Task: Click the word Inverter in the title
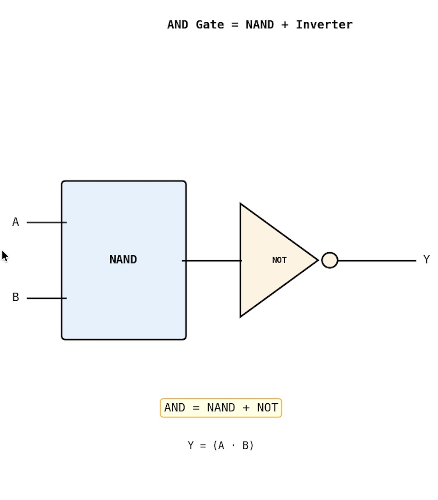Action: pos(324,25)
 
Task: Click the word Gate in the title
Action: pos(210,25)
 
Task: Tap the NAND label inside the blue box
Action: pos(123,260)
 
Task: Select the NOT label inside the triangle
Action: pos(279,260)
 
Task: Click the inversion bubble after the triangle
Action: pos(330,260)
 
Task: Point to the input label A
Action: pos(15,222)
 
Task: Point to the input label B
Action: pos(15,298)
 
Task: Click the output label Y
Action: pos(426,260)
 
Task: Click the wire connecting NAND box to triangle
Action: pos(212,261)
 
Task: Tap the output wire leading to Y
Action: pos(377,261)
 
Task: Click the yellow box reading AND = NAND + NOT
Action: pos(221,408)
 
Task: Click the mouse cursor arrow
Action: pos(4,256)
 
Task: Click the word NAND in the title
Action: pos(260,25)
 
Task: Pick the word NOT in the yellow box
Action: pos(267,408)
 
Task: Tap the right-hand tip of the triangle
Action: pos(317,260)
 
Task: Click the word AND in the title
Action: pos(178,25)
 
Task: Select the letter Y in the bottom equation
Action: pos(191,446)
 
